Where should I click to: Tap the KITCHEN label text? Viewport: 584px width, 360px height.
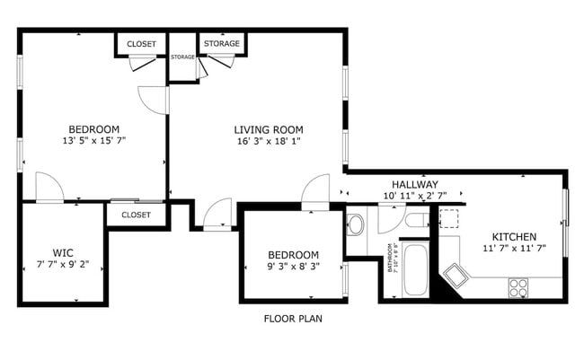(x=514, y=235)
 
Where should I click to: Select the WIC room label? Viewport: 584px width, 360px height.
(x=62, y=252)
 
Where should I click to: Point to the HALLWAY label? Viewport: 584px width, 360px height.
(x=414, y=184)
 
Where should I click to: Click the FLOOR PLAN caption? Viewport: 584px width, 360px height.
(x=292, y=319)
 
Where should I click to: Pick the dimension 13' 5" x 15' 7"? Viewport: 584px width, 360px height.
(x=93, y=141)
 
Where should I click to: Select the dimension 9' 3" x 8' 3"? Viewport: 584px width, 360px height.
(x=293, y=267)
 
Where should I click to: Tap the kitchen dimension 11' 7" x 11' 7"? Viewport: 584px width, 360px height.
(x=514, y=248)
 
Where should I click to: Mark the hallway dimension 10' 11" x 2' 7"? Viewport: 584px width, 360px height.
(x=414, y=196)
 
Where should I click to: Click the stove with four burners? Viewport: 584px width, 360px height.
(x=518, y=287)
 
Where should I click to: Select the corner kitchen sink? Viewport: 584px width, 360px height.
(x=454, y=276)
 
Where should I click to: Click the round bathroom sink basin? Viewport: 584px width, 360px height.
(x=356, y=224)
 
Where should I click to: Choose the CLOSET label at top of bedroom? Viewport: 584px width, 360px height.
(x=141, y=45)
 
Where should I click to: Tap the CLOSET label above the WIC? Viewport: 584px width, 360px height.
(x=136, y=215)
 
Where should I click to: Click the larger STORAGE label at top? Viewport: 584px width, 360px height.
(x=221, y=44)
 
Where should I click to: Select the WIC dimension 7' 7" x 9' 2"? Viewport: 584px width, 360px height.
(x=62, y=265)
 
